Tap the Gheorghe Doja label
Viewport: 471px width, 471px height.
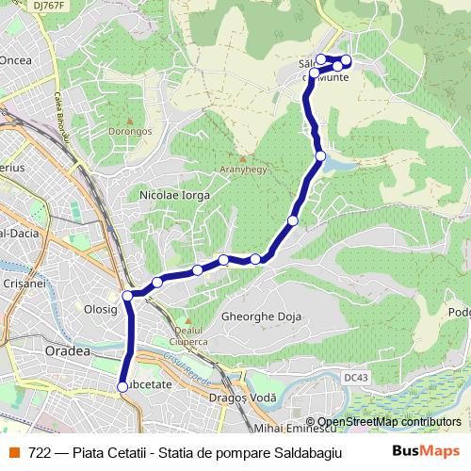(259, 317)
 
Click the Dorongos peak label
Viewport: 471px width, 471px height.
(131, 131)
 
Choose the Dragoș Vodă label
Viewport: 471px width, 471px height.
(249, 398)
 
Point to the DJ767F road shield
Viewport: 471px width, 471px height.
(48, 6)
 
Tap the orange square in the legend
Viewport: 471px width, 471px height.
(13, 451)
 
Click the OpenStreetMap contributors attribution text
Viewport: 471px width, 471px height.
(387, 422)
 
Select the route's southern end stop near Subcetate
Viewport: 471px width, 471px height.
(122, 386)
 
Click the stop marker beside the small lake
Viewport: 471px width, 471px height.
(321, 155)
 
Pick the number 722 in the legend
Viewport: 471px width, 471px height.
(39, 451)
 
